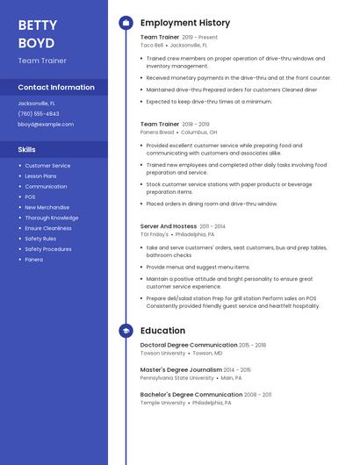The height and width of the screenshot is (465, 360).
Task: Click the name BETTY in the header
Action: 37,25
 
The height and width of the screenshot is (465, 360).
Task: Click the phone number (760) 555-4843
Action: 39,114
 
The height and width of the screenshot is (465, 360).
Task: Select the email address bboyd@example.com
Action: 46,125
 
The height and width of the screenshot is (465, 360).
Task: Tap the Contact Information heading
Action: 56,88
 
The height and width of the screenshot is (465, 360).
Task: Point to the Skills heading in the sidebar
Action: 27,149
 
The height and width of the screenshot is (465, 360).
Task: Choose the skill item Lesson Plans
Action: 40,176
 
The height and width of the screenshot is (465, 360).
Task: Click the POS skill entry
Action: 30,197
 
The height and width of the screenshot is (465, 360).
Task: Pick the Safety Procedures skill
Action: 48,249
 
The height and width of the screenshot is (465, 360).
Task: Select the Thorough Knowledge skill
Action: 51,218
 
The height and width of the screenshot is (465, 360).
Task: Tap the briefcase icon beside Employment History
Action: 125,23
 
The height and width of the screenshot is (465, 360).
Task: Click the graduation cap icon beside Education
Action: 125,331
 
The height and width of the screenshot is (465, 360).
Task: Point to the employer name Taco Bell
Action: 151,45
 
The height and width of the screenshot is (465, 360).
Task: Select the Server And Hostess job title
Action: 168,226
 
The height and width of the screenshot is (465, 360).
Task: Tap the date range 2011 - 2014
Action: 212,226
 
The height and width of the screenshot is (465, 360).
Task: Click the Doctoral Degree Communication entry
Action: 189,345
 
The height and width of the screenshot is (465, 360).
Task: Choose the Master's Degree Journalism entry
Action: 181,369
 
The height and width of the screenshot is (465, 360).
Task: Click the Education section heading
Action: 162,331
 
